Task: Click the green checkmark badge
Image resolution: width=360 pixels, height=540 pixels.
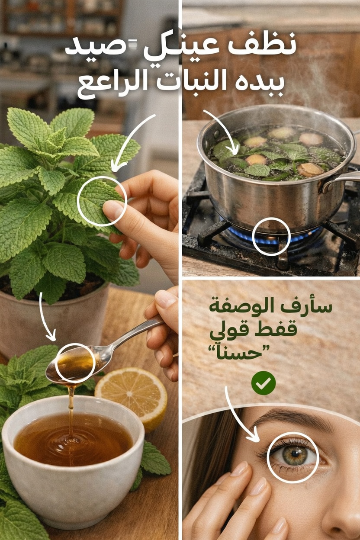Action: [x=264, y=382]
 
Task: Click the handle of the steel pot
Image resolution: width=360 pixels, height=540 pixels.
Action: [x=342, y=179]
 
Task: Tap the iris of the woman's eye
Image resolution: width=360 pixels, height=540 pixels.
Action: [x=295, y=455]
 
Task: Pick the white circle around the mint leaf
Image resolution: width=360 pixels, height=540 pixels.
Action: [x=102, y=201]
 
